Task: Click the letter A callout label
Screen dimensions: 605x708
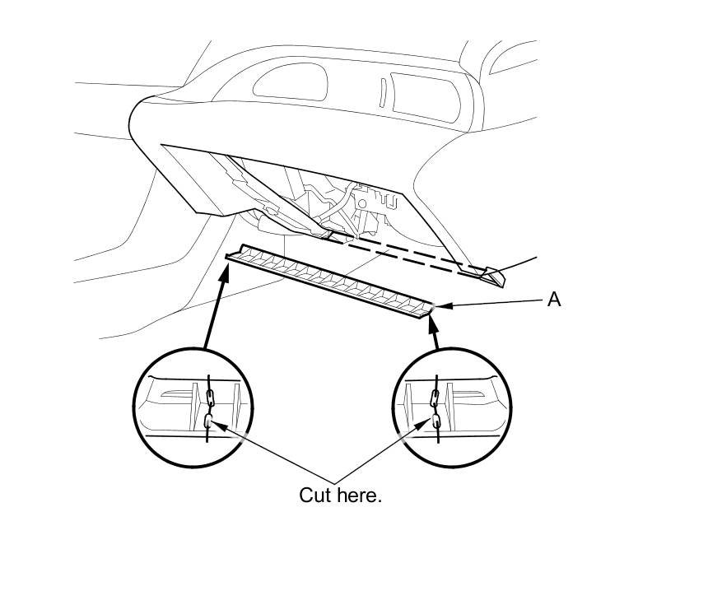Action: tap(554, 299)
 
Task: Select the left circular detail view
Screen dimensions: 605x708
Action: tap(193, 407)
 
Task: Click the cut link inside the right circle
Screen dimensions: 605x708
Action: tap(435, 423)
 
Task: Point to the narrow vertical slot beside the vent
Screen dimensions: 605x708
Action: tap(383, 92)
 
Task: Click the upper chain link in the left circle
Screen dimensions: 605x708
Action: tap(210, 399)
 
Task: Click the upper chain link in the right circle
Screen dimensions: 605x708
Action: tap(436, 400)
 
